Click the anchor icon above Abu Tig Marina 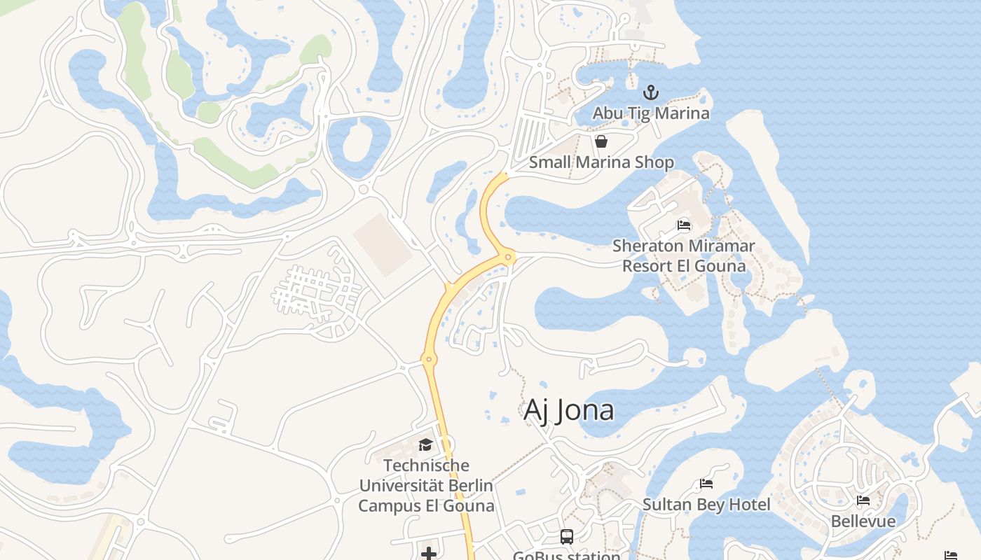(x=651, y=92)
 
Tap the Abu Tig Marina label (x=651, y=113)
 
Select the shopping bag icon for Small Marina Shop (x=601, y=142)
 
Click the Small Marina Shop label (x=601, y=162)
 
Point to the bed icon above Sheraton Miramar (x=684, y=225)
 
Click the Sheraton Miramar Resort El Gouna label (x=684, y=256)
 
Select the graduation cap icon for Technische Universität (x=425, y=445)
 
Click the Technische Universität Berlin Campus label (x=426, y=485)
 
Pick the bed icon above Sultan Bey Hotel (x=706, y=484)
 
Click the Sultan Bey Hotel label (x=706, y=505)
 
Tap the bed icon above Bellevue (x=863, y=500)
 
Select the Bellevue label (x=863, y=521)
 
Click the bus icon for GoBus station (x=567, y=537)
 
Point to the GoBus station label (x=567, y=556)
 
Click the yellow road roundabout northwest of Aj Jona (x=429, y=359)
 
